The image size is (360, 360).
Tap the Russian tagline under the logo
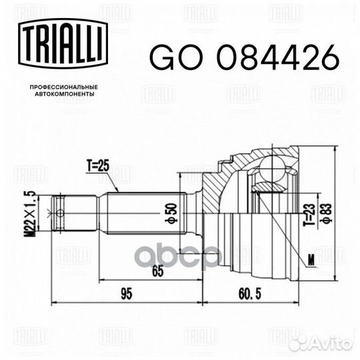[x=59, y=91]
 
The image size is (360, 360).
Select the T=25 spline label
[x=99, y=165]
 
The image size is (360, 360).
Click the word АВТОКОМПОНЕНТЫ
[x=59, y=95]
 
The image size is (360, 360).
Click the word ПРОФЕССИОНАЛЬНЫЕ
[x=59, y=87]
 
